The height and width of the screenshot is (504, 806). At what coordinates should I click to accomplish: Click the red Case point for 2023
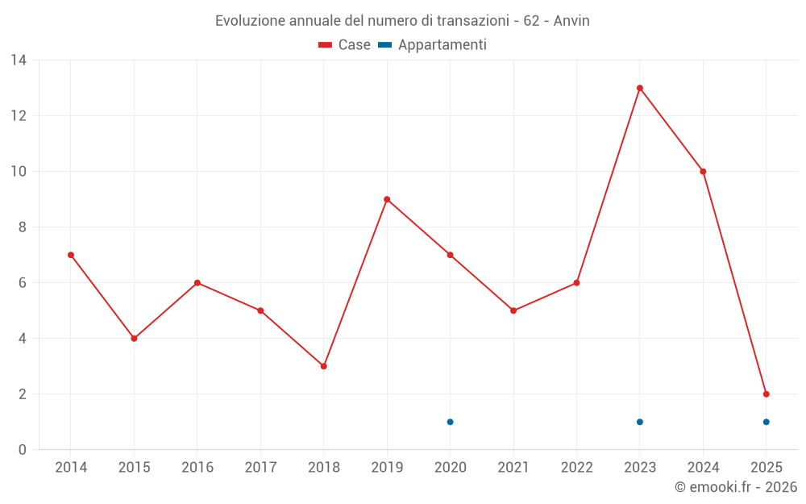[x=640, y=88]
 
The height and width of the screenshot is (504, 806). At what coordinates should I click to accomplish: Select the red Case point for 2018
[x=324, y=366]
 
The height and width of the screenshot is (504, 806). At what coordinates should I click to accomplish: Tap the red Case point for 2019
[x=387, y=199]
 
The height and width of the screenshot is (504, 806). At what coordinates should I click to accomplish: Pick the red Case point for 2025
[x=767, y=394]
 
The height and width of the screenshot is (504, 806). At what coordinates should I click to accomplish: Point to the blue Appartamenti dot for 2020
[x=451, y=422]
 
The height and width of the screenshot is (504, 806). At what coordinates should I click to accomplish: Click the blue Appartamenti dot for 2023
[x=640, y=422]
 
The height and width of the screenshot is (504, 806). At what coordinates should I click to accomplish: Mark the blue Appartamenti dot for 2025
[x=767, y=422]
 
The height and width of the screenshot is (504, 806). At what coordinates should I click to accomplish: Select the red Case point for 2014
[x=71, y=255]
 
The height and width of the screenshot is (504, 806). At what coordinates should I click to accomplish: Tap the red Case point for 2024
[x=704, y=171]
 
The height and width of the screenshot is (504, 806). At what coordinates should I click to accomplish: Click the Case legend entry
[x=345, y=45]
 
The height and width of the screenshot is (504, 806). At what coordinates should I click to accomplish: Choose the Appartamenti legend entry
[x=433, y=45]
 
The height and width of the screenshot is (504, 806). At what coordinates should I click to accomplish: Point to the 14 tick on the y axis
[x=18, y=60]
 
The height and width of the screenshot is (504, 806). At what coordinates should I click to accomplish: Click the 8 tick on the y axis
[x=22, y=227]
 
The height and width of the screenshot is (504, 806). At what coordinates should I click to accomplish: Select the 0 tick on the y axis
[x=22, y=449]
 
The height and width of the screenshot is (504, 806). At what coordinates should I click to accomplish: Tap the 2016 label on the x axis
[x=197, y=467]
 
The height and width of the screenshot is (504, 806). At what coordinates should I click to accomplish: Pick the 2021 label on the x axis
[x=513, y=467]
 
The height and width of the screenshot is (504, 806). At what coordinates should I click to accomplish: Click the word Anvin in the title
[x=571, y=21]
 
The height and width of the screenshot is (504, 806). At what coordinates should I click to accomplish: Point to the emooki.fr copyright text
[x=736, y=487]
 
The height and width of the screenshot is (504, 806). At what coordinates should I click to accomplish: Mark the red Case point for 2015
[x=134, y=339]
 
